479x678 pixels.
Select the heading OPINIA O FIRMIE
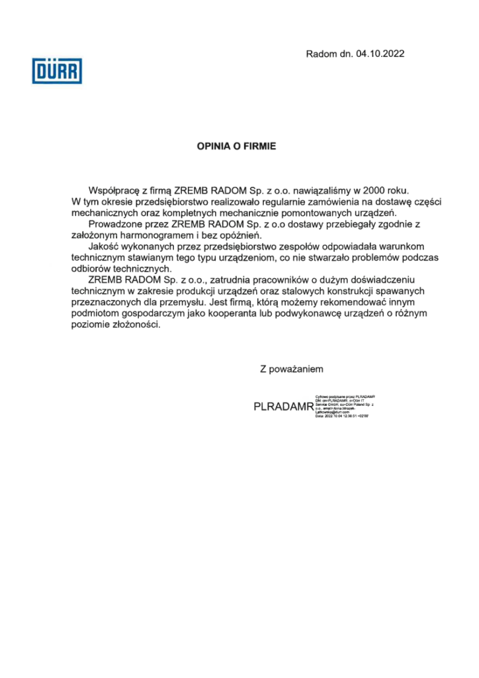coord(236,146)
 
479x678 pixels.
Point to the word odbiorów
coord(91,269)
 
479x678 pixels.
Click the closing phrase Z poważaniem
coord(292,369)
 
